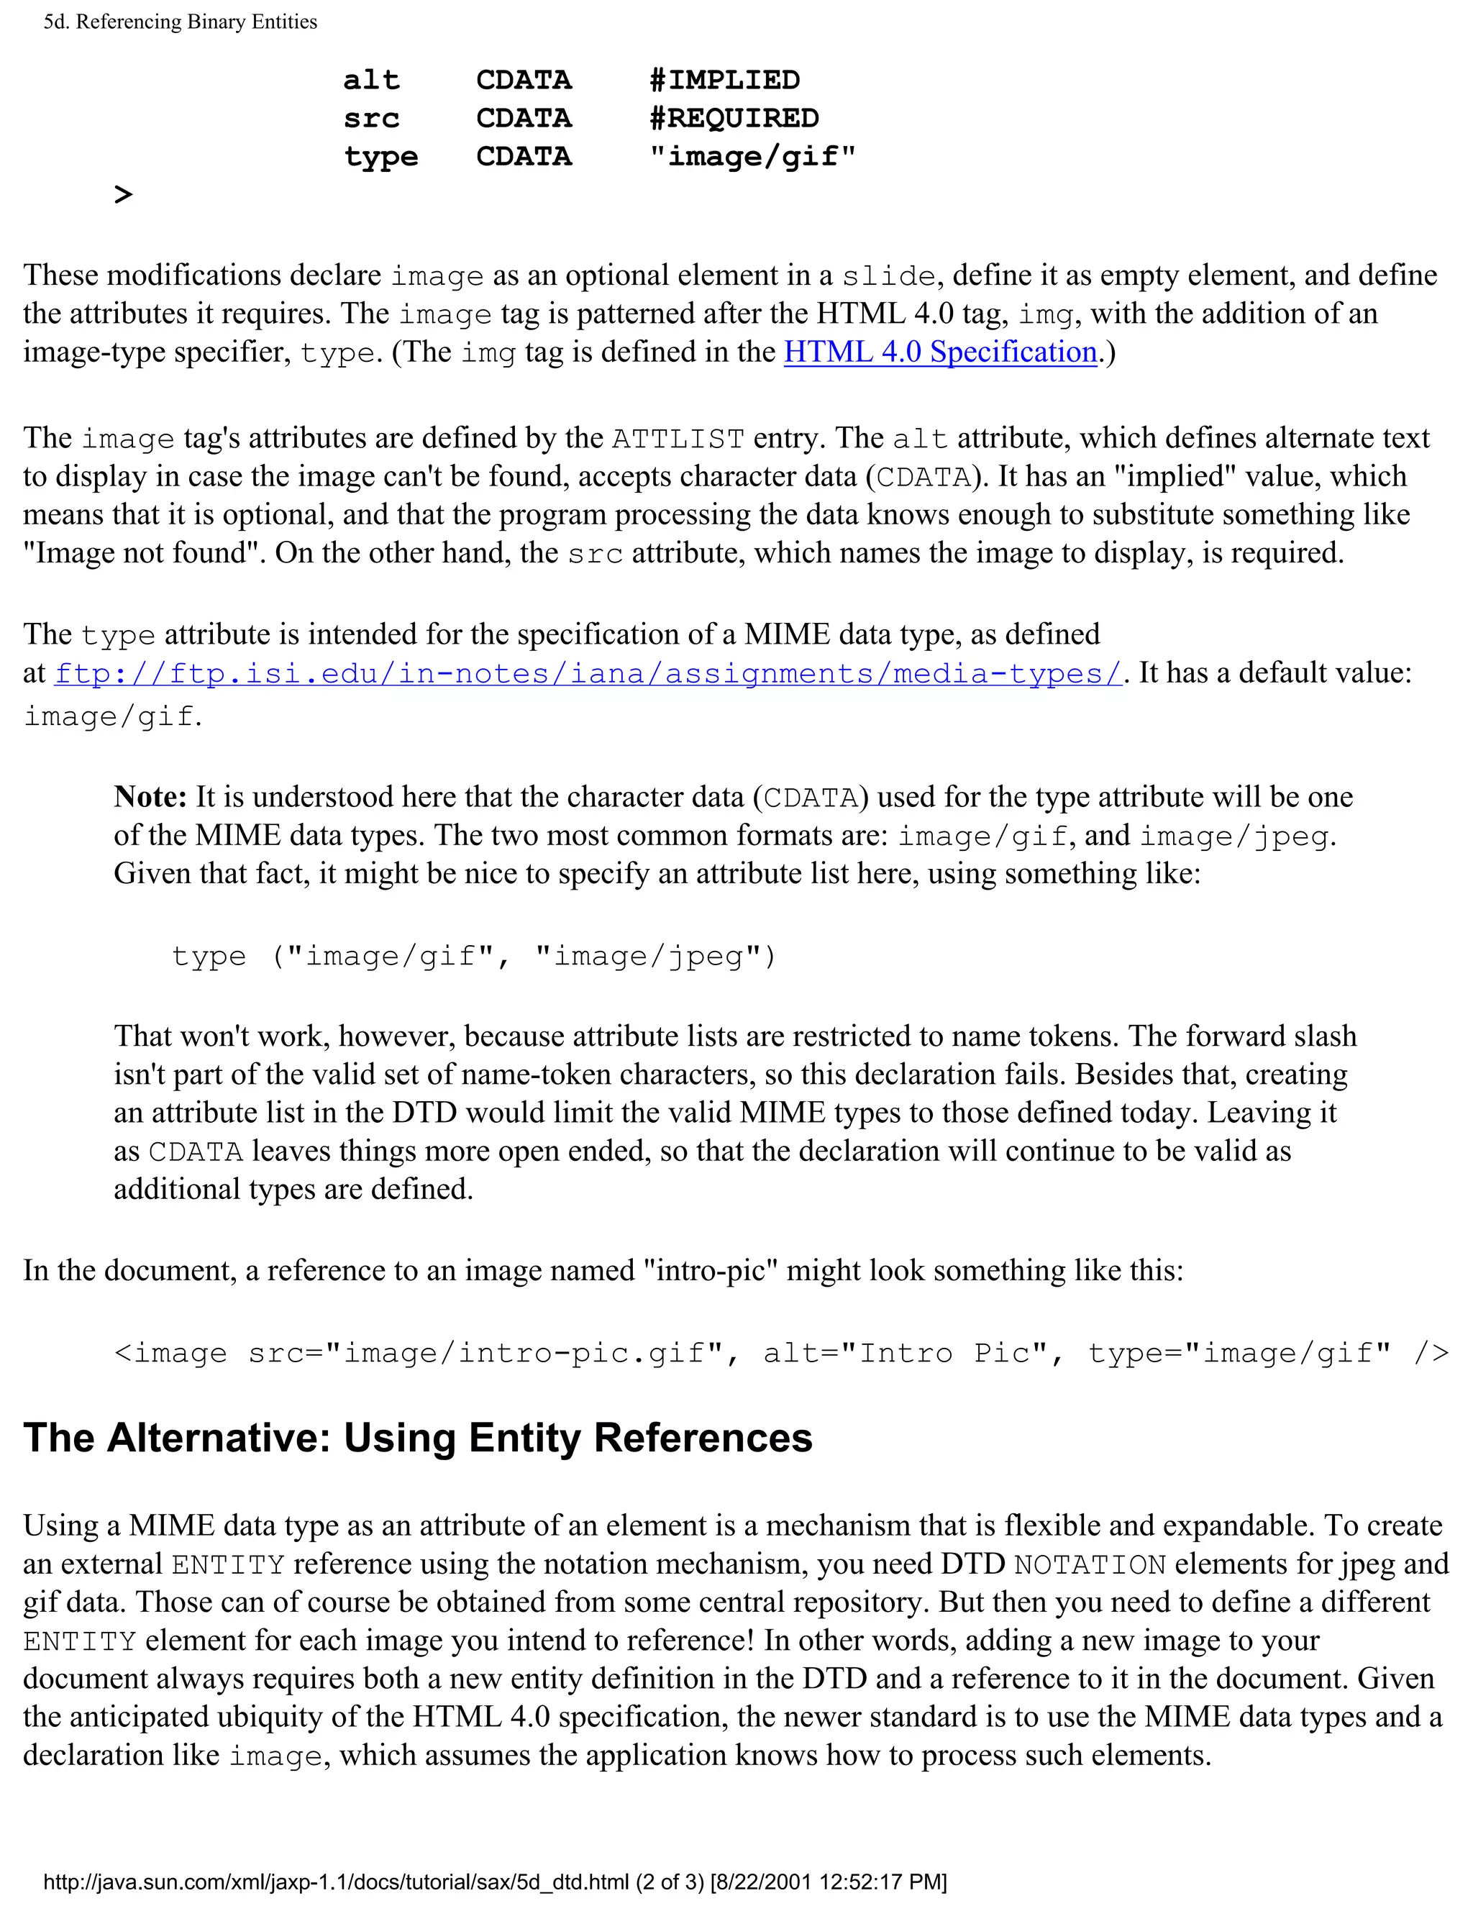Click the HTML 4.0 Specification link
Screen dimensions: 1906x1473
[940, 352]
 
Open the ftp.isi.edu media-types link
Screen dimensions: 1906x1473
[588, 674]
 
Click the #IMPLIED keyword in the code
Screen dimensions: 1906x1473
[724, 81]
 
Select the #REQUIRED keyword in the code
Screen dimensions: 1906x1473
[734, 119]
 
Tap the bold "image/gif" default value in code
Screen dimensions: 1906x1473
[752, 157]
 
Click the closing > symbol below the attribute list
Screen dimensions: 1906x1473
[123, 195]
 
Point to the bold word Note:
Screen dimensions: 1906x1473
[150, 797]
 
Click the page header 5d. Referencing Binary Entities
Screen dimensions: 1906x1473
[180, 22]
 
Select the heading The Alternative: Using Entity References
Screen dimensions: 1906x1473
[417, 1438]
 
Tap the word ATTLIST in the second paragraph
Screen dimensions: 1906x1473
[678, 438]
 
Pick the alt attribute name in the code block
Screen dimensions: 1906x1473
[371, 81]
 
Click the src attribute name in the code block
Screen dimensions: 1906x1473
[371, 119]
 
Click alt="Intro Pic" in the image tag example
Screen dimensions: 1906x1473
[905, 1354]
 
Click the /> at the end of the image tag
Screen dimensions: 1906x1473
[1431, 1354]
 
